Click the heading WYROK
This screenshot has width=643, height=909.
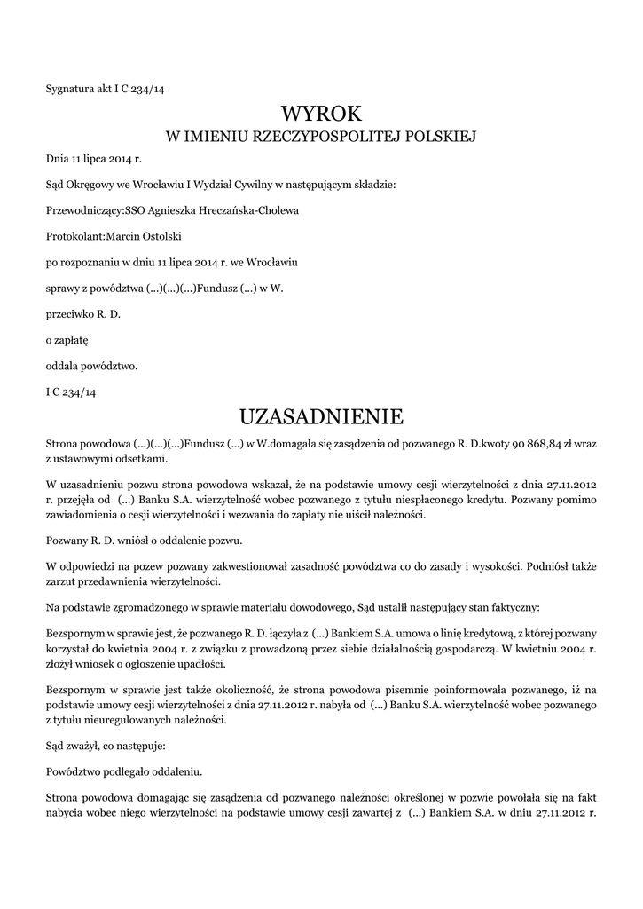click(x=321, y=114)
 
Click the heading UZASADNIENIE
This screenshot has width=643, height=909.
click(x=321, y=416)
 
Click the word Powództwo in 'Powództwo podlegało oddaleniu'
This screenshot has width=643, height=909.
click(x=73, y=771)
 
